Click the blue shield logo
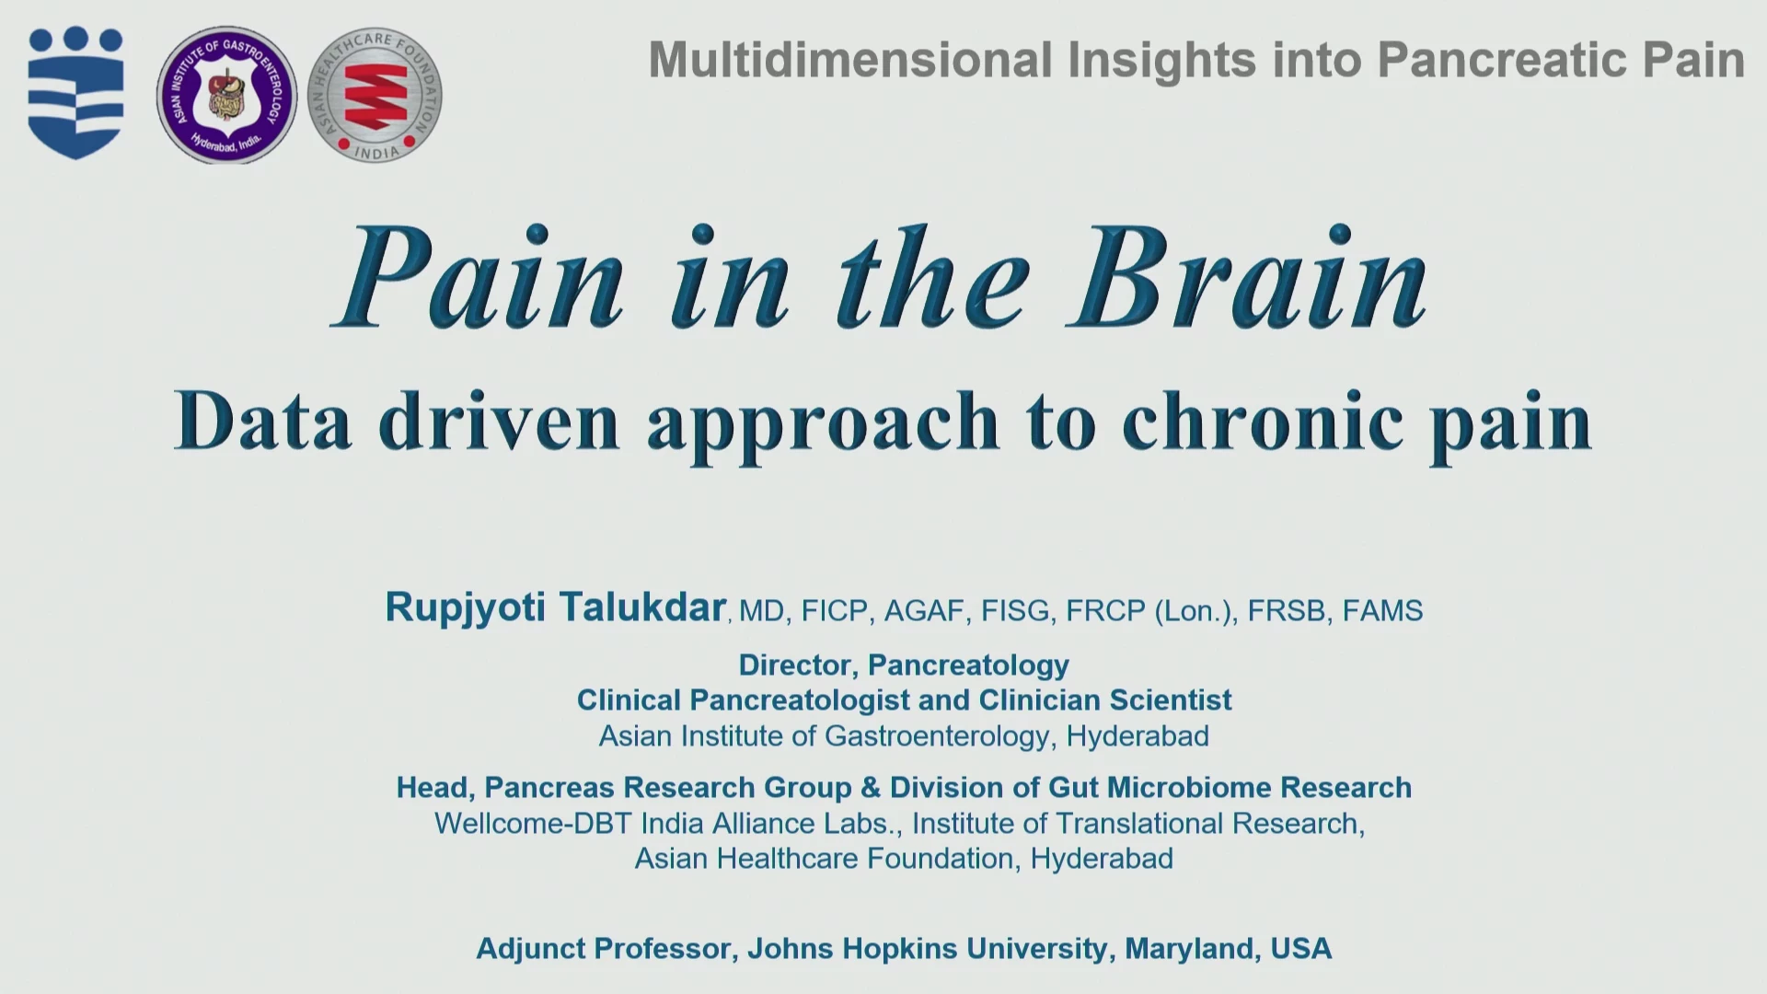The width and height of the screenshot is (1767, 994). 75,92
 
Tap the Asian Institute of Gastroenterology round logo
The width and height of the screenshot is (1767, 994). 226,95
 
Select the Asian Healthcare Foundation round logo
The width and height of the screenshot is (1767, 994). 375,95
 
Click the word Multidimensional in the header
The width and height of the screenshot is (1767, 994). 849,60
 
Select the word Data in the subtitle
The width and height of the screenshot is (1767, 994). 263,420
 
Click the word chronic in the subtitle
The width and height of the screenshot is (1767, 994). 1263,420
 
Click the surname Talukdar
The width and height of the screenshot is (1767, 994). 642,607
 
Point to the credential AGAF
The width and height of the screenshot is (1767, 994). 924,611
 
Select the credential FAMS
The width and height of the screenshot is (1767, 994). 1382,611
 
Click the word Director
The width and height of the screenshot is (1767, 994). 795,665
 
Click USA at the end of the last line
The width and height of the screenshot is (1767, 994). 1300,949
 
